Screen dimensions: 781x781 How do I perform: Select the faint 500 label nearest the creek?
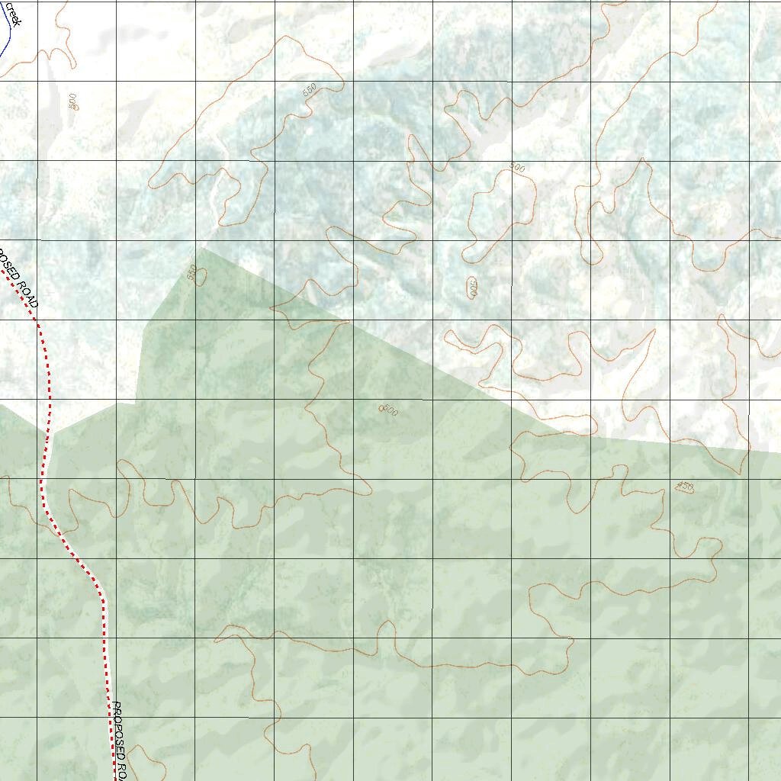[72, 101]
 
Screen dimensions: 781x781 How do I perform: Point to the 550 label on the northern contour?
[309, 89]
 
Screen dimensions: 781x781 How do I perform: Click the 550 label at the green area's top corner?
[191, 270]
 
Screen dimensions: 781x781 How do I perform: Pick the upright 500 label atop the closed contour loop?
[517, 168]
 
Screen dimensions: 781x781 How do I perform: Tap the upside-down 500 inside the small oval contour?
[472, 288]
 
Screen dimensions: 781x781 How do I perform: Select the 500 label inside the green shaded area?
[389, 410]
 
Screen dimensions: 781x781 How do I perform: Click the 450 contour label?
[685, 487]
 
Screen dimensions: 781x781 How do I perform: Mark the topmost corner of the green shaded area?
[201, 248]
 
